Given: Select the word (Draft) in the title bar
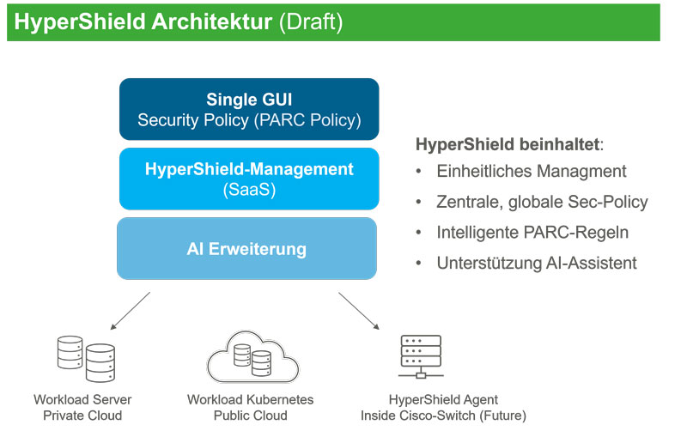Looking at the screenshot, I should pyautogui.click(x=311, y=22).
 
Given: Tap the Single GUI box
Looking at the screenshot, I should pyautogui.click(x=247, y=108).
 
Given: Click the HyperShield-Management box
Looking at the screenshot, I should pyautogui.click(x=247, y=179).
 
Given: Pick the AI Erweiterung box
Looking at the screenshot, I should pyautogui.click(x=247, y=249).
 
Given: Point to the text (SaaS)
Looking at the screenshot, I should pyautogui.click(x=247, y=190).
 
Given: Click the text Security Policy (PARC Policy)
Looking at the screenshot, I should pyautogui.click(x=247, y=119).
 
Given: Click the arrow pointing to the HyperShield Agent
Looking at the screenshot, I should pyautogui.click(x=358, y=311).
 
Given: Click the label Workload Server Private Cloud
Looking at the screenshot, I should pyautogui.click(x=82, y=408).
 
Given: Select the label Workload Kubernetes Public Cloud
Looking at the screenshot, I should pyautogui.click(x=250, y=408).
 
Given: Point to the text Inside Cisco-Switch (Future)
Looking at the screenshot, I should pyautogui.click(x=443, y=416).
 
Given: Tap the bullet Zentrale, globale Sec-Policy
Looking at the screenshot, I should pyautogui.click(x=542, y=202).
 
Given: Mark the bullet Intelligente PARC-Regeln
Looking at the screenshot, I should pyautogui.click(x=533, y=233).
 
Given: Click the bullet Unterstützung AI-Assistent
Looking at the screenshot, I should pyautogui.click(x=537, y=263).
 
